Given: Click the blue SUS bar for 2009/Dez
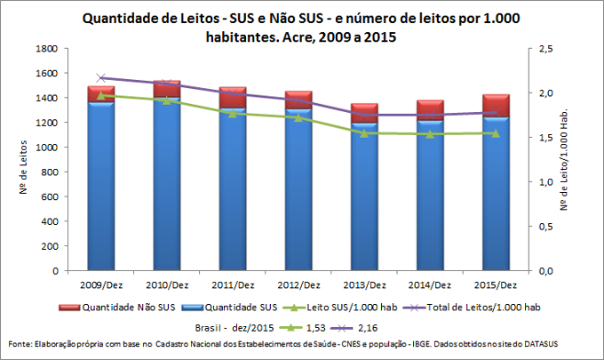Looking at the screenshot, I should click(x=100, y=187).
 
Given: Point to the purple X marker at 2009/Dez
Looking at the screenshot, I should click(x=100, y=78).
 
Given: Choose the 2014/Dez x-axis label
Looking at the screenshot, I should click(x=430, y=285).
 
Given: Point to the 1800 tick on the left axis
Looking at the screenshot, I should click(x=47, y=49).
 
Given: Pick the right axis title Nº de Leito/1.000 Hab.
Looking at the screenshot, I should click(x=587, y=160).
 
